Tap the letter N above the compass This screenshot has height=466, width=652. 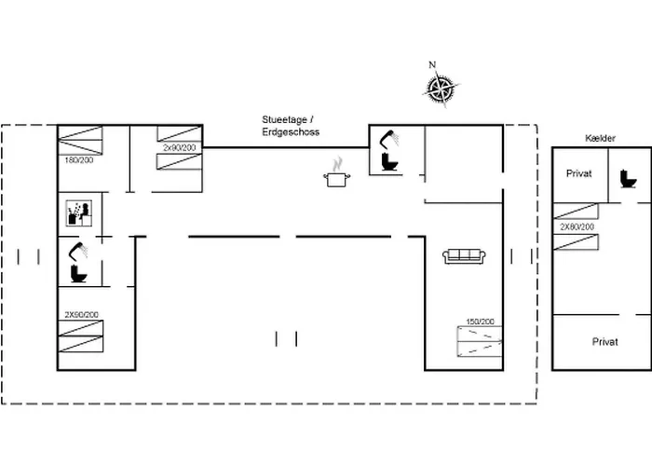pyautogui.click(x=432, y=65)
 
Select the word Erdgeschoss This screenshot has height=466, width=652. pyautogui.click(x=291, y=133)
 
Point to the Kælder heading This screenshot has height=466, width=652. pyautogui.click(x=601, y=139)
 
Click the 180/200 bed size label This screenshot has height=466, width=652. pyautogui.click(x=78, y=160)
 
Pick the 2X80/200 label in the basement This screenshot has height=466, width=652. pyautogui.click(x=577, y=226)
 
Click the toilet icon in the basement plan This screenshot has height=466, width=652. pyautogui.click(x=628, y=177)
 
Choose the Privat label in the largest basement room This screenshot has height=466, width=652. pyautogui.click(x=604, y=342)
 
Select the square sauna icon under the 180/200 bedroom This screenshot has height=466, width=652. pyautogui.click(x=76, y=213)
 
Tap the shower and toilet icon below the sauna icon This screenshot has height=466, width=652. pyautogui.click(x=78, y=262)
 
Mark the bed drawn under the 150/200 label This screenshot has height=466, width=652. pyautogui.click(x=480, y=342)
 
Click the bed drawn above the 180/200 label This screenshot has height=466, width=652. pyautogui.click(x=81, y=142)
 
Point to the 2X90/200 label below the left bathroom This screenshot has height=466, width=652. pyautogui.click(x=81, y=315)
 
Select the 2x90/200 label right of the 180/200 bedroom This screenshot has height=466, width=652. pyautogui.click(x=179, y=147)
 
